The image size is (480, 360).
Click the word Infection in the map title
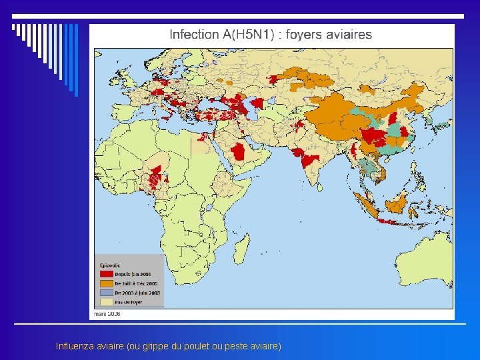(194, 35)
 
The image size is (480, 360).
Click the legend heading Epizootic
(109, 263)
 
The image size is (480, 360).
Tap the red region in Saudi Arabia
(239, 151)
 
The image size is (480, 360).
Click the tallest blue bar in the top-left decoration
(75, 60)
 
